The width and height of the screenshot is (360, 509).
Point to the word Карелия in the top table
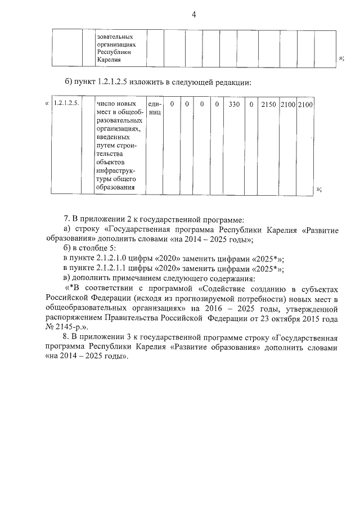click(108, 59)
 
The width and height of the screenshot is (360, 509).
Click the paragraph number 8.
click(66, 337)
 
